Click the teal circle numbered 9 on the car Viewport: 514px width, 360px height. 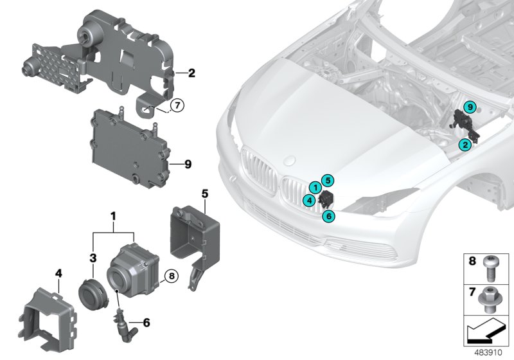coord(470,107)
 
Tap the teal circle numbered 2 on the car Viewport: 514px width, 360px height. coord(462,146)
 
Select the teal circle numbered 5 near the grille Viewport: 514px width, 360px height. coord(327,181)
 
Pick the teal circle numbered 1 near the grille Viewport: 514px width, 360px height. coord(315,186)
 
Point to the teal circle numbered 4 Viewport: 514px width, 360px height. coord(310,201)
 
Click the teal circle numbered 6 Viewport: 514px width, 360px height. coord(328,217)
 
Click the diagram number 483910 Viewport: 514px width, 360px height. coord(491,353)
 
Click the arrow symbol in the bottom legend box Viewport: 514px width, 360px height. coord(486,332)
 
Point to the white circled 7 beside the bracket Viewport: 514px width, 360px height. coord(177,104)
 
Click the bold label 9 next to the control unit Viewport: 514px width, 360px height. coord(188,165)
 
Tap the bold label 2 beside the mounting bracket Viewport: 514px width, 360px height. coord(191,74)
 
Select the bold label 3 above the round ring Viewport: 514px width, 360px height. coord(93,258)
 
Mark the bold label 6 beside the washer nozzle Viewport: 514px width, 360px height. coord(146,322)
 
